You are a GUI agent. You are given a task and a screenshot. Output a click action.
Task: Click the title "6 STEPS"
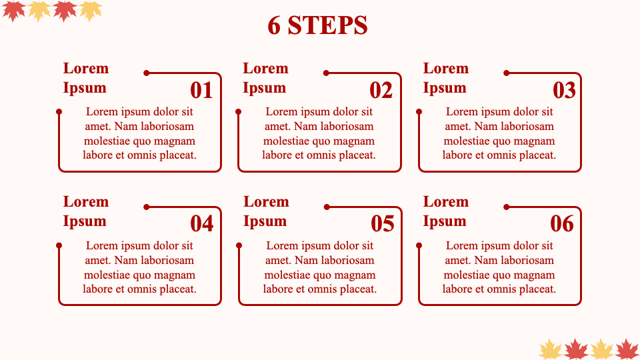click(317, 25)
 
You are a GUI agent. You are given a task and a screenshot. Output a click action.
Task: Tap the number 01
click(201, 90)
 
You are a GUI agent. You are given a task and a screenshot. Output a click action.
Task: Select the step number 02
click(381, 90)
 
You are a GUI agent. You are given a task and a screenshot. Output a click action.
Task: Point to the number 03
click(564, 90)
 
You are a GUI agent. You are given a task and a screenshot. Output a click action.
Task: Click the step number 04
click(201, 224)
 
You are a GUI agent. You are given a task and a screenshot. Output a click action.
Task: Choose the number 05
click(383, 224)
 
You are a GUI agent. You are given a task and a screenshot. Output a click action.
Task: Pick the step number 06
click(562, 224)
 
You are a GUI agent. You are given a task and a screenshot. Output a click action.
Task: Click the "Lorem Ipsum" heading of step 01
click(86, 78)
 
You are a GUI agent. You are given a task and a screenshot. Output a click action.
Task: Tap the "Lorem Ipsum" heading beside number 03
click(446, 78)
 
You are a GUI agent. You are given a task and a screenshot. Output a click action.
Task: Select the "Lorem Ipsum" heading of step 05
click(266, 211)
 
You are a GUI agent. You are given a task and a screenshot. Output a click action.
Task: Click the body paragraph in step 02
click(319, 133)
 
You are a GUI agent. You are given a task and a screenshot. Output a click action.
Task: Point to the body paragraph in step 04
click(139, 267)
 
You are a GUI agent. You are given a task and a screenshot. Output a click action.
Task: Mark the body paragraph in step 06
click(499, 267)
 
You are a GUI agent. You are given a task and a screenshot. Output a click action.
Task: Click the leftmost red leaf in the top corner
click(13, 11)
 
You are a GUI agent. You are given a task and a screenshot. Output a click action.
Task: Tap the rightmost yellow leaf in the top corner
click(90, 11)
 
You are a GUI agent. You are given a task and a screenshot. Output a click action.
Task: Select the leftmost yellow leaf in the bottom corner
click(550, 349)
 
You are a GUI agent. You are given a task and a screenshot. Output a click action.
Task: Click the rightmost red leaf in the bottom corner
click(627, 349)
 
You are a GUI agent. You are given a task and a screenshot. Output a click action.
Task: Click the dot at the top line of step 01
click(147, 73)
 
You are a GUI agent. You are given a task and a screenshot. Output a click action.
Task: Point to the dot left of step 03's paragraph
click(419, 111)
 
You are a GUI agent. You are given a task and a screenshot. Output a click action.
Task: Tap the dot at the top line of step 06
click(507, 207)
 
